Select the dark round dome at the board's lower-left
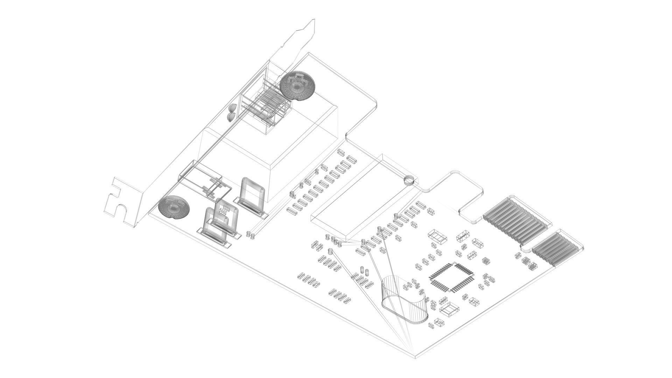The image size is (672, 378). tap(174, 208)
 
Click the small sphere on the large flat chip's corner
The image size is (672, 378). tap(409, 181)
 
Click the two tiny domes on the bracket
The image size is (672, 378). tap(231, 112)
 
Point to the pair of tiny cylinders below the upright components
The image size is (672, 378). tap(250, 234)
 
